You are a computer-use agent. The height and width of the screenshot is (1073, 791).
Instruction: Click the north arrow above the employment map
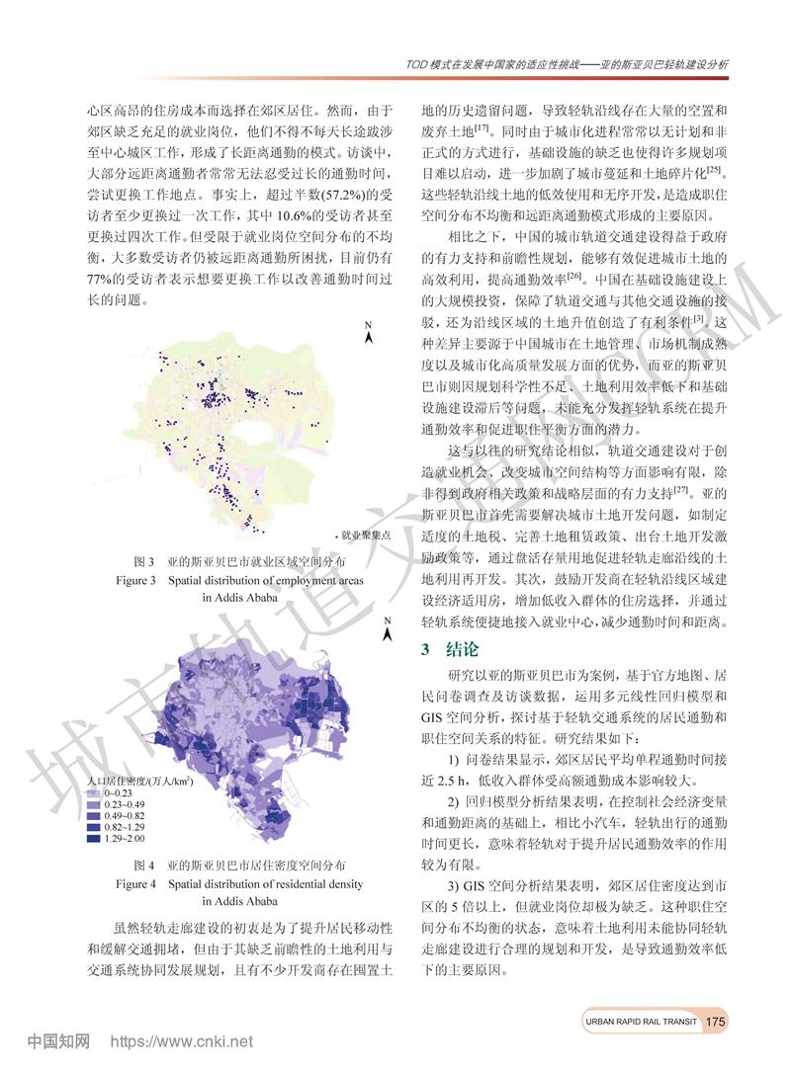[x=368, y=334]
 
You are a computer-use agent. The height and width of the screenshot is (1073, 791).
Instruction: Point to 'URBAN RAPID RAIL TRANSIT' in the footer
[x=635, y=1021]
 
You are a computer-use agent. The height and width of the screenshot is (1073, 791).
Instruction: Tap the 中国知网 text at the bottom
[x=59, y=1040]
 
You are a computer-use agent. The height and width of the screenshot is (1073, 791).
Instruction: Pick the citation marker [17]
[x=483, y=127]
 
